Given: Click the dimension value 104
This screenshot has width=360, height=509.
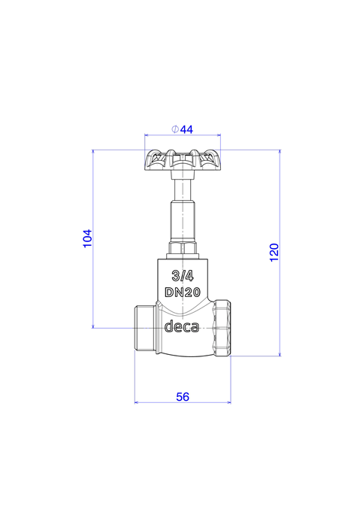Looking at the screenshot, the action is pyautogui.click(x=88, y=238).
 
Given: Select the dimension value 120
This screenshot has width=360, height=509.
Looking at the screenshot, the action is pyautogui.click(x=274, y=252).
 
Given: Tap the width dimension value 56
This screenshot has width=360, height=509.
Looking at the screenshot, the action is pyautogui.click(x=183, y=397).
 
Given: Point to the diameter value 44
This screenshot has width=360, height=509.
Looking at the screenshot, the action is pyautogui.click(x=186, y=129).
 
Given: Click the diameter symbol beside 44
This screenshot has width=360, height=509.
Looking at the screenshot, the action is pyautogui.click(x=174, y=129).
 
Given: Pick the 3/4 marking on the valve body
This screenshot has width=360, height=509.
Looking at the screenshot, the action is pyautogui.click(x=183, y=276).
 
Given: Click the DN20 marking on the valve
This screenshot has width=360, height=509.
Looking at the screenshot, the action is pyautogui.click(x=183, y=292).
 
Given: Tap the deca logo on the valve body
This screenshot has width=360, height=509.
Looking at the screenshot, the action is pyautogui.click(x=182, y=326).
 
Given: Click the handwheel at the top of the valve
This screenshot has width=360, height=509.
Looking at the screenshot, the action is pyautogui.click(x=183, y=160).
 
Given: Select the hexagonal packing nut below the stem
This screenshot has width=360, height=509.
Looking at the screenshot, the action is pyautogui.click(x=183, y=248).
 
